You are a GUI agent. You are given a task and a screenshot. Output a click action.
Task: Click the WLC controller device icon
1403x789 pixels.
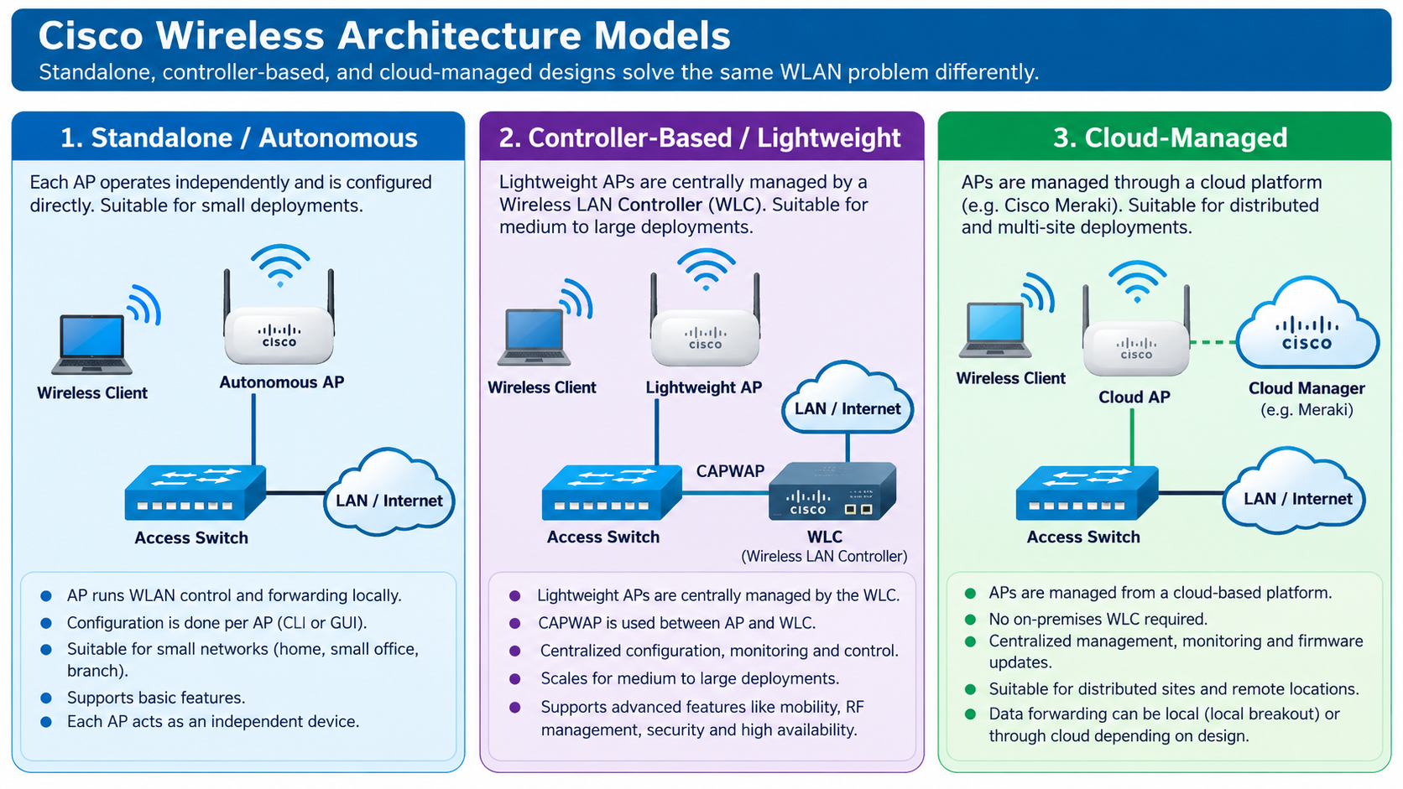tap(832, 491)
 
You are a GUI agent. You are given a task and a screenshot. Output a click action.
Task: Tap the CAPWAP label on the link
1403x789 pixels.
tap(730, 471)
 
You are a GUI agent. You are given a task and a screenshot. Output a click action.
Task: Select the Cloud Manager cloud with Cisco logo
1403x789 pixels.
tap(1307, 324)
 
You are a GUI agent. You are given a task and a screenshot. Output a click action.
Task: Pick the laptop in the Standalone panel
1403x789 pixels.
tap(92, 344)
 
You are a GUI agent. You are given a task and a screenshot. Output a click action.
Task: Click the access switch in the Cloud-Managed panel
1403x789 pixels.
tap(1087, 492)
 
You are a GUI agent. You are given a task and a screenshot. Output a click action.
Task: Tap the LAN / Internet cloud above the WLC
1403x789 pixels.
tap(848, 398)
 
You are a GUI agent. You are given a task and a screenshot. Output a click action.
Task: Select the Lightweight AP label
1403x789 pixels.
tap(704, 387)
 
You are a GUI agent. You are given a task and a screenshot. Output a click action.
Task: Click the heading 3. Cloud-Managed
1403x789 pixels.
tap(1170, 138)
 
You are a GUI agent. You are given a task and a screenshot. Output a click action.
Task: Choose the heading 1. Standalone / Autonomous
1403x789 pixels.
tap(238, 138)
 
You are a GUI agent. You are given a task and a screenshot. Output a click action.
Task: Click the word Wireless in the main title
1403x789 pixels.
tap(240, 36)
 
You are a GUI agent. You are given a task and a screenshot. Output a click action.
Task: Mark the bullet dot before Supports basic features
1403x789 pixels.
tap(45, 698)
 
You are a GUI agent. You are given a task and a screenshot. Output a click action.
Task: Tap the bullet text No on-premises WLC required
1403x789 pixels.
tap(1098, 619)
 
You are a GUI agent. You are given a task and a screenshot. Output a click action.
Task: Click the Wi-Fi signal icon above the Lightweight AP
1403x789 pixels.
tap(706, 270)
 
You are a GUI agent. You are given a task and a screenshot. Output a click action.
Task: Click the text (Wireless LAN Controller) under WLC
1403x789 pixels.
tap(824, 556)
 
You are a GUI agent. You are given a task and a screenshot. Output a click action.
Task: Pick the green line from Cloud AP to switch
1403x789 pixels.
tap(1132, 438)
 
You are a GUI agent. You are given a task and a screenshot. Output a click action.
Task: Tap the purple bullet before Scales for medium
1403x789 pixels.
tap(515, 679)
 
